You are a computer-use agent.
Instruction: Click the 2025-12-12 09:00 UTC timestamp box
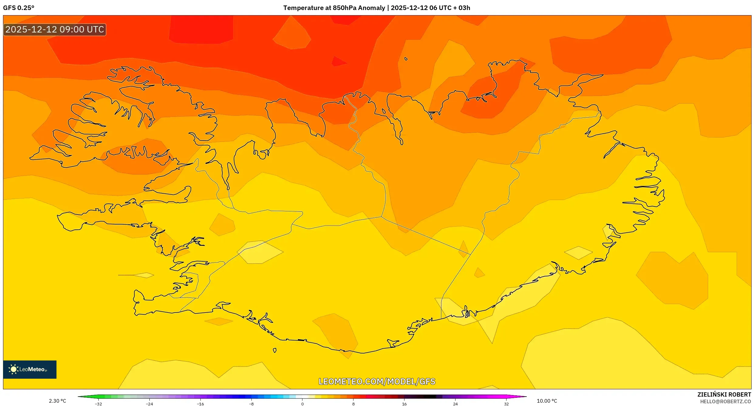[55, 29]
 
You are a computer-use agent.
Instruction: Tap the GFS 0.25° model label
[19, 8]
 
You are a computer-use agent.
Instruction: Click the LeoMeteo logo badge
[30, 369]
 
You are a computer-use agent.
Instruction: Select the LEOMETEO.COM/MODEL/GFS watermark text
[377, 381]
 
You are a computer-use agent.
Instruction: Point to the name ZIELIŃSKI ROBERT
[724, 394]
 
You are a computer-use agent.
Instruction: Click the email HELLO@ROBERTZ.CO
[725, 401]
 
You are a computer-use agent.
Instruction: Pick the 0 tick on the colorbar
[302, 404]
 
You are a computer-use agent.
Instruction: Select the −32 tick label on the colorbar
[98, 404]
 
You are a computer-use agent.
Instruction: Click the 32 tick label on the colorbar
[506, 404]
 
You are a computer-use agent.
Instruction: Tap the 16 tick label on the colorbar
[404, 404]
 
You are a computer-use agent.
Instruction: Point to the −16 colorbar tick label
[200, 404]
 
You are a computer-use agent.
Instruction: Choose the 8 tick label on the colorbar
[353, 404]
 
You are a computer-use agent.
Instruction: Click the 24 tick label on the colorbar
[455, 404]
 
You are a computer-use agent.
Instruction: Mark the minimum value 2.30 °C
[57, 401]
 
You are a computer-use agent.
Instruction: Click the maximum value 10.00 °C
[547, 401]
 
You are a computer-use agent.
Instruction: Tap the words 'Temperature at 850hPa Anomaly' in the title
[334, 8]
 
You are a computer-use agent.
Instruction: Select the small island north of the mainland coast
[406, 59]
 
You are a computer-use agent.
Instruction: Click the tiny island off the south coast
[275, 350]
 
